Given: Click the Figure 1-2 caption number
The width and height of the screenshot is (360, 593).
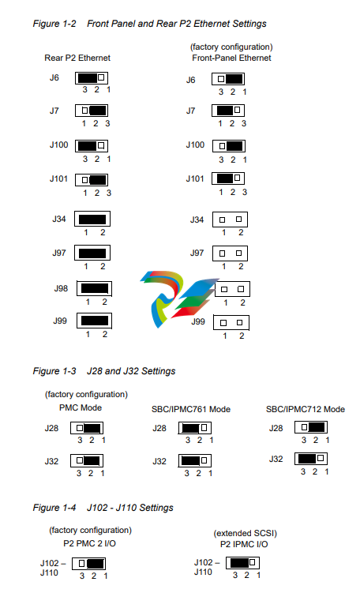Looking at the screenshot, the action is (54, 24).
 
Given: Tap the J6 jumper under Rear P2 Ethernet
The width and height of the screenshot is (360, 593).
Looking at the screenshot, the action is (92, 78).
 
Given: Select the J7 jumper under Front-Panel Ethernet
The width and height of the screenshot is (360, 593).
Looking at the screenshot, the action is (228, 111).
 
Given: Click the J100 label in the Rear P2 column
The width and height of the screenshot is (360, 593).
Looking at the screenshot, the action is (58, 144).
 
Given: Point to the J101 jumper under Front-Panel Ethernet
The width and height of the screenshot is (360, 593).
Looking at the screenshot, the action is (228, 178).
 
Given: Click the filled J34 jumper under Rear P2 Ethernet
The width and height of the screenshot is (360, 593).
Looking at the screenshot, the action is (92, 220).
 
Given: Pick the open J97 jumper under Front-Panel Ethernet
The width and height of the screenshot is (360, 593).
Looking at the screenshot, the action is (230, 253).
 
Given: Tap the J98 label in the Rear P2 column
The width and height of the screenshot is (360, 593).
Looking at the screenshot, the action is (61, 288).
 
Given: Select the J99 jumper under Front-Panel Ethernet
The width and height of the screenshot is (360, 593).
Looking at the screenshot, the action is (231, 323).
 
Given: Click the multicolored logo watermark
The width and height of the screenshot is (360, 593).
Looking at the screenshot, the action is (178, 298).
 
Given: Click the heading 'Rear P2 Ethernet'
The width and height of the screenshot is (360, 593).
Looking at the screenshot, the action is (77, 58).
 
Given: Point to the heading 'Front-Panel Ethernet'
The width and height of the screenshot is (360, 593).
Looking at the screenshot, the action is (231, 58).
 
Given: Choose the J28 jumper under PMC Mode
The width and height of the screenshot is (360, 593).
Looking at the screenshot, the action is (87, 429).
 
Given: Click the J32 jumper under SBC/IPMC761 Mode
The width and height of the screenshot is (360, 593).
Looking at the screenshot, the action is (195, 460).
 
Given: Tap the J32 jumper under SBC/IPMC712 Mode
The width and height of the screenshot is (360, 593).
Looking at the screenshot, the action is (311, 459).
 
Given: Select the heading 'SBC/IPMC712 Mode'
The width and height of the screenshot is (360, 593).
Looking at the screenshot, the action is (306, 409).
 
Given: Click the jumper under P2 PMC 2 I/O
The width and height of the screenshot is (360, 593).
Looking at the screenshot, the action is (88, 564).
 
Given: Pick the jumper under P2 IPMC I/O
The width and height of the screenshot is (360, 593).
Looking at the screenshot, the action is (243, 563).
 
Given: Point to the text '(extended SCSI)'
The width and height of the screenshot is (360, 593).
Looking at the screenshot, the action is (245, 533).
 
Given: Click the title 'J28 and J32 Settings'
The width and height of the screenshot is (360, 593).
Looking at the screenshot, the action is (131, 371).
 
